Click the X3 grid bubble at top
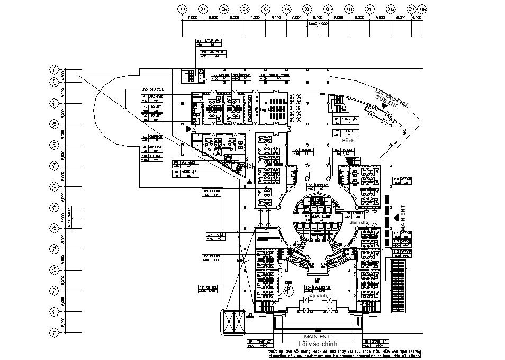pyautogui.click(x=183, y=9)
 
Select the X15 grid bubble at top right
pyautogui.click(x=422, y=9)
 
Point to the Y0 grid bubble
pyautogui.click(x=53, y=332)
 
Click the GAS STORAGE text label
pyautogui.click(x=152, y=89)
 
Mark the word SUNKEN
pyautogui.click(x=243, y=260)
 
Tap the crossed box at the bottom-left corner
pyautogui.click(x=233, y=322)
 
